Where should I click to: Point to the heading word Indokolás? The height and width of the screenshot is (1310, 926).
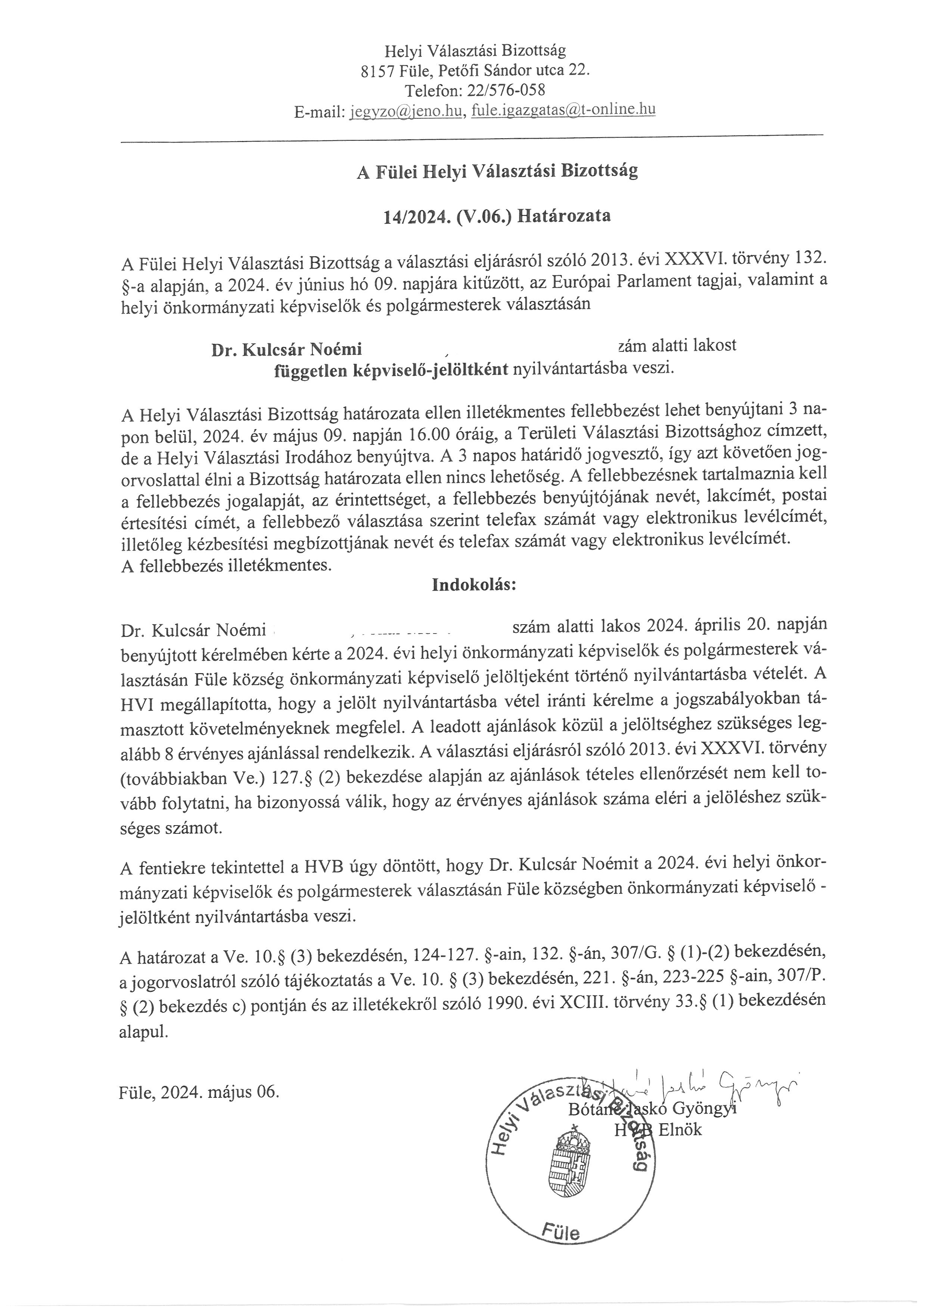474,585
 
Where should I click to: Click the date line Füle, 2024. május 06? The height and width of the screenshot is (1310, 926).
199,1092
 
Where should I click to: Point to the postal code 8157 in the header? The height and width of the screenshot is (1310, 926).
377,71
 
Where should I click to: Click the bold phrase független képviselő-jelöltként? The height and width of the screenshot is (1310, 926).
391,370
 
